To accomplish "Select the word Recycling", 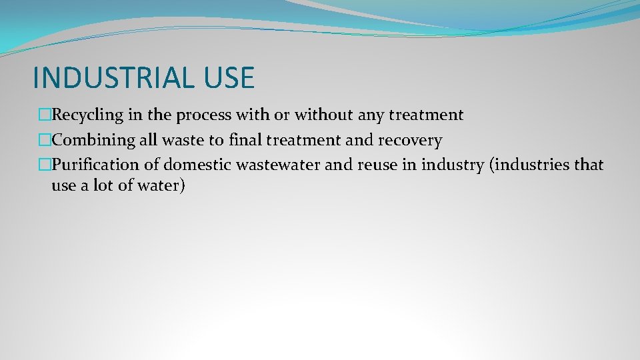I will [88, 115].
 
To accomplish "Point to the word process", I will [203, 115].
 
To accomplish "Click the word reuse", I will [377, 165].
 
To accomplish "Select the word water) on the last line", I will [159, 185].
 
